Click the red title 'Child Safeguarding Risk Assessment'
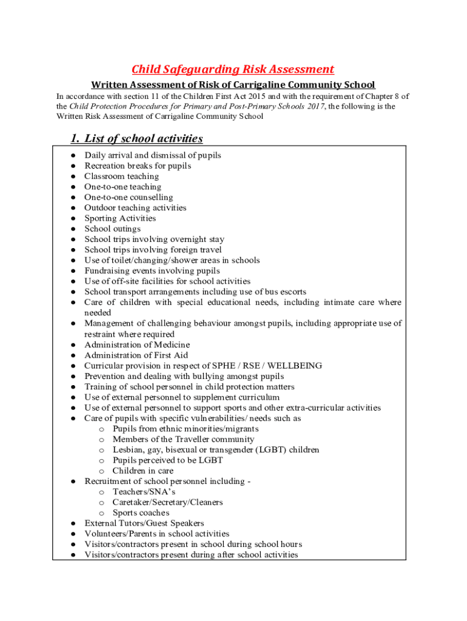point(233,69)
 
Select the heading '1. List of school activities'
point(136,138)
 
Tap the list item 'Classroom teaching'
point(121,176)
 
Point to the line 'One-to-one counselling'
point(128,197)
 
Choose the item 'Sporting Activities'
point(119,218)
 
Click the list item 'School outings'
point(112,229)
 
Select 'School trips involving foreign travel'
point(153,250)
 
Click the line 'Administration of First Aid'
point(136,355)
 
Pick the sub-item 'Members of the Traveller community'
point(183,439)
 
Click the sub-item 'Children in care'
point(143,471)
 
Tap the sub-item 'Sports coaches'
point(141,513)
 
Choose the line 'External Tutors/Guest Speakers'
point(144,523)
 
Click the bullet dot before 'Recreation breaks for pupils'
point(72,166)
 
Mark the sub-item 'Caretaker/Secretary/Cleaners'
point(167,502)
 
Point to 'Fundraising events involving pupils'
point(152,271)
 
